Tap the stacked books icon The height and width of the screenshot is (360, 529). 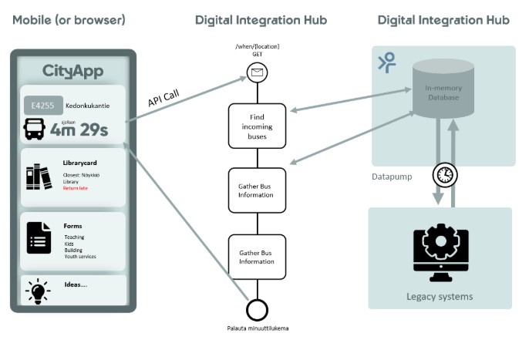point(38,177)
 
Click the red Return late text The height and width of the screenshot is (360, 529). point(76,188)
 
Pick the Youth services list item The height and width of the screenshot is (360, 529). point(80,256)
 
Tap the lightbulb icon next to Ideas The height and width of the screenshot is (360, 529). point(37,291)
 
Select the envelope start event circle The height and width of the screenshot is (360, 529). point(256,73)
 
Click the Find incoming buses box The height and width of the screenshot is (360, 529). point(257,126)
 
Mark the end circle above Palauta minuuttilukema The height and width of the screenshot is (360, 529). point(257,309)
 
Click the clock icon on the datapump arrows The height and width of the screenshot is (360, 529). point(443,174)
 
